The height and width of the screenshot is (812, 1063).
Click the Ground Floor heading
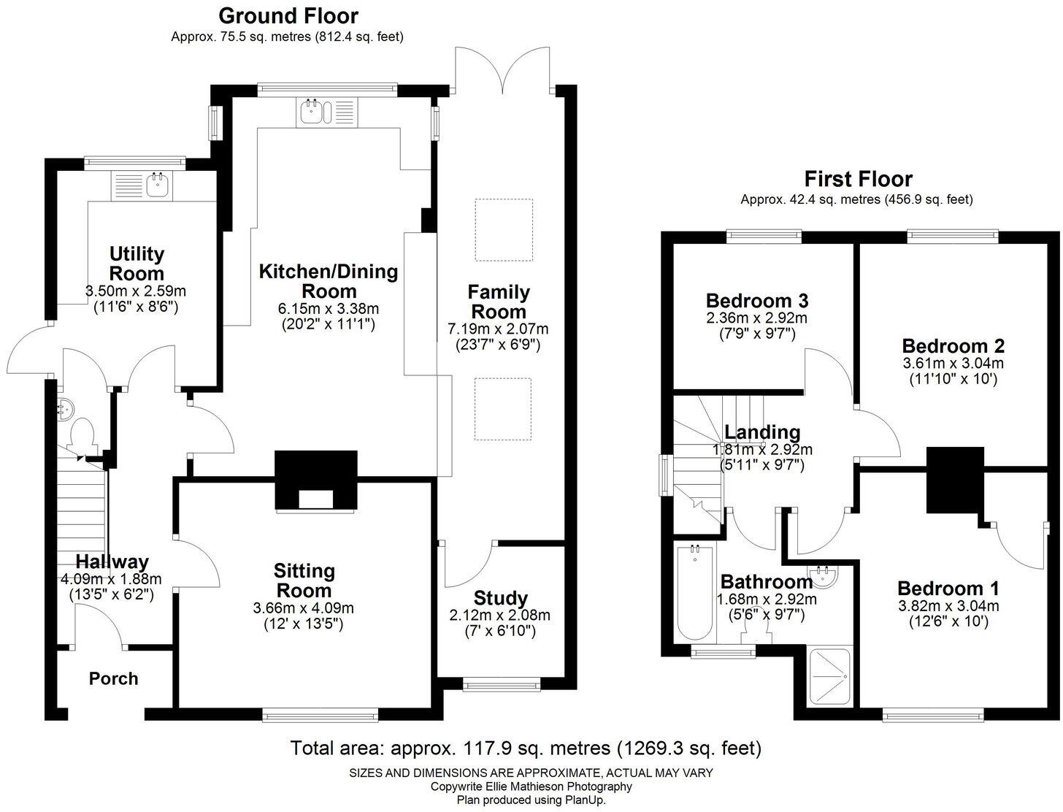coord(288,15)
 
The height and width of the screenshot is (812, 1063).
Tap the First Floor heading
coord(858,179)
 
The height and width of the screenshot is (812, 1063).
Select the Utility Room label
coord(137,264)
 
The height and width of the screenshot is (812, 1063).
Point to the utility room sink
coord(157,185)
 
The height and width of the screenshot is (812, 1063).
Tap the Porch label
coord(113,678)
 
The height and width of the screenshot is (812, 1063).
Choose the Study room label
coord(500,598)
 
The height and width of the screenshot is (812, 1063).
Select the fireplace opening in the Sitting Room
coord(316,499)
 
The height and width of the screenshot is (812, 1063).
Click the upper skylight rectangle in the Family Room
coord(504,230)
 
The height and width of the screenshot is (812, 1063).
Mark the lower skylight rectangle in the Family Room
coord(502,409)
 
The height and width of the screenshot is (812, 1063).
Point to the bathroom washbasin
coord(826,575)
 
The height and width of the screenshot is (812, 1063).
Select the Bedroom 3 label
coord(756,301)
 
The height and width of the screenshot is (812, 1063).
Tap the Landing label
coord(761,433)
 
